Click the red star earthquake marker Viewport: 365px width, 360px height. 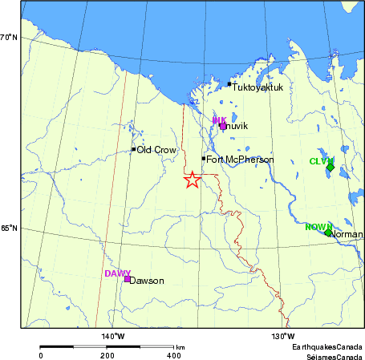[191, 180]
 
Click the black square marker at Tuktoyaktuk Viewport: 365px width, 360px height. [229, 84]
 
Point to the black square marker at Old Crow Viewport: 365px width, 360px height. [133, 149]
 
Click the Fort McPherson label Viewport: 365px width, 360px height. [240, 160]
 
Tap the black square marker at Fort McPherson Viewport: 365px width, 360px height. [204, 159]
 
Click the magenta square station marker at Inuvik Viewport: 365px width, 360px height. [223, 126]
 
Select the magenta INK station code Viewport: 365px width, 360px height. [219, 119]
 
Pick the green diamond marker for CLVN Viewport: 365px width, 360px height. [330, 168]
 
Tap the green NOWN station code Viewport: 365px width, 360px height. [318, 227]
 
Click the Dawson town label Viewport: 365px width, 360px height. [147, 281]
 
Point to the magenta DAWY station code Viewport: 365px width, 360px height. [117, 273]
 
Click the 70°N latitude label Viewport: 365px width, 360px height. [8, 37]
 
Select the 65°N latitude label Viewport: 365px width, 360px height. [8, 228]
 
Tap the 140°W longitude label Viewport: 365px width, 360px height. [112, 335]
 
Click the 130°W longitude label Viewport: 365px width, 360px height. [283, 335]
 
